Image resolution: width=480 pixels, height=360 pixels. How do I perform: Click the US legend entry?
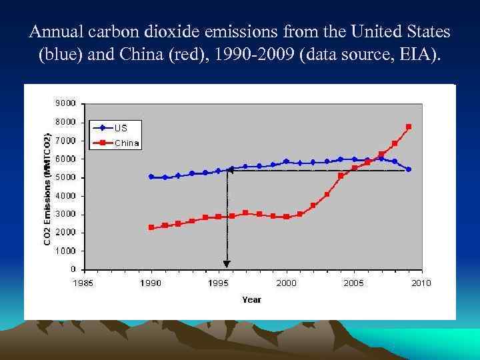121,127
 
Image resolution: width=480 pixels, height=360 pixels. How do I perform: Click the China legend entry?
126,142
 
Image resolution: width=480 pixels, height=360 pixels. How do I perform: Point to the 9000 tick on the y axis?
65,104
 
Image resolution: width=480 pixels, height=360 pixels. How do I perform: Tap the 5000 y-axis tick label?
65,177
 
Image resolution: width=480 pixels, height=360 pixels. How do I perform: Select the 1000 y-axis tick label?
65,251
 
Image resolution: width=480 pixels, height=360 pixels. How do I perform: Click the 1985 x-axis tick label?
83,283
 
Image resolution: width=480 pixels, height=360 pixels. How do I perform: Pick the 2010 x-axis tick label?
421,283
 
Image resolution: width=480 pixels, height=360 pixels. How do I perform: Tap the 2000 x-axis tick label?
286,283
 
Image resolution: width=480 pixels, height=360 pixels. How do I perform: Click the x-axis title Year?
251,300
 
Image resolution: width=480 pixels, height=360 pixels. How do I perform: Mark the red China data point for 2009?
409,127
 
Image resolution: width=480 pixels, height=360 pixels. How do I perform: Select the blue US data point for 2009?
409,169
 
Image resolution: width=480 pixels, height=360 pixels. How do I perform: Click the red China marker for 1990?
151,227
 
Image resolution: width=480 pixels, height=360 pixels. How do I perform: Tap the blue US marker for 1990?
151,177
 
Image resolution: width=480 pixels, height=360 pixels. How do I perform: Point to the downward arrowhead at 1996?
227,263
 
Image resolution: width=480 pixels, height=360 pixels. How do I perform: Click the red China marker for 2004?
341,175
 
